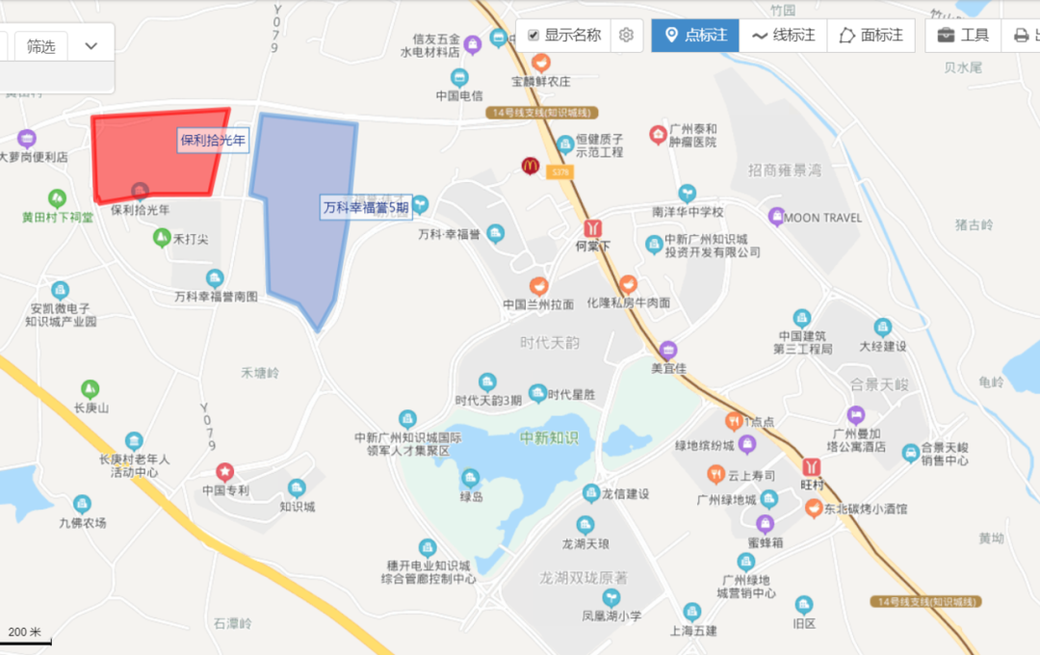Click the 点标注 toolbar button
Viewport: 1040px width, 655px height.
(695, 36)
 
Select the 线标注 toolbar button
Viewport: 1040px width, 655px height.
(783, 36)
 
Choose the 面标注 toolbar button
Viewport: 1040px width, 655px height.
(871, 36)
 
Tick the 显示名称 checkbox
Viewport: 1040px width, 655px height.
(533, 36)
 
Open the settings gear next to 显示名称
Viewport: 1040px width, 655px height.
(626, 36)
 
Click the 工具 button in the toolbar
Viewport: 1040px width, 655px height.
(963, 36)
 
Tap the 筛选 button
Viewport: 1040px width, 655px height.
(40, 46)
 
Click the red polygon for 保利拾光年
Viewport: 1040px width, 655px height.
(154, 154)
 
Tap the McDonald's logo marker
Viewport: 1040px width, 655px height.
(530, 166)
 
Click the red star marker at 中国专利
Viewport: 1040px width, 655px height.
(224, 472)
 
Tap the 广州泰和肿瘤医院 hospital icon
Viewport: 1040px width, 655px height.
(659, 134)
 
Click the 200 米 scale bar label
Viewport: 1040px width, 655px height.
(25, 633)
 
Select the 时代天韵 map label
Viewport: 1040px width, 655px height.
(550, 344)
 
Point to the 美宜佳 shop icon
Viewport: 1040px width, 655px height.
(668, 350)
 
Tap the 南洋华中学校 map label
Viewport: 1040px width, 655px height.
(688, 211)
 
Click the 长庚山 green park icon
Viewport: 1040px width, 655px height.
(91, 389)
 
